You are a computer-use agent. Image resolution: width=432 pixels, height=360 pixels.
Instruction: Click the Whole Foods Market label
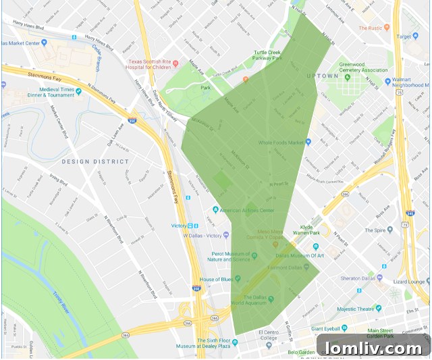[280, 142]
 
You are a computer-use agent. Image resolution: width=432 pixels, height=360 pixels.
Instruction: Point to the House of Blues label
[216, 279]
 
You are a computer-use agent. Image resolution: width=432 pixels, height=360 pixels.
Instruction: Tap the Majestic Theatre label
[355, 309]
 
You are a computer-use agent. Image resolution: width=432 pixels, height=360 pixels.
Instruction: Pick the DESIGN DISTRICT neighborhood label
[94, 161]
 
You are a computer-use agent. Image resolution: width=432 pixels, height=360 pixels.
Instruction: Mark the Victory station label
[179, 226]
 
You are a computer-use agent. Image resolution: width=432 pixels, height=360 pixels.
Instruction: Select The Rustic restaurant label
[371, 28]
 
